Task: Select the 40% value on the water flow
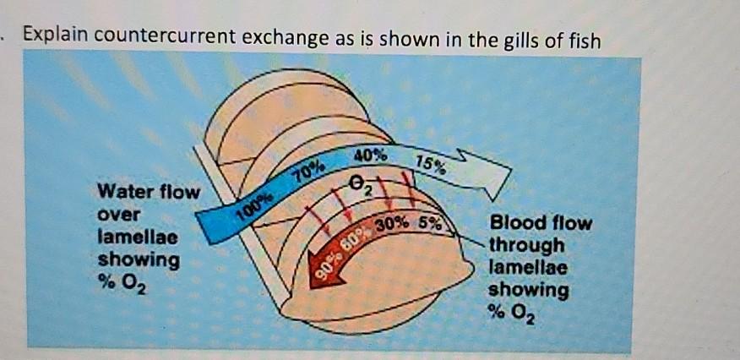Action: [x=371, y=155]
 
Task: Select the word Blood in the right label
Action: [x=516, y=225]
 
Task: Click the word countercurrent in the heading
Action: [x=182, y=38]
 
